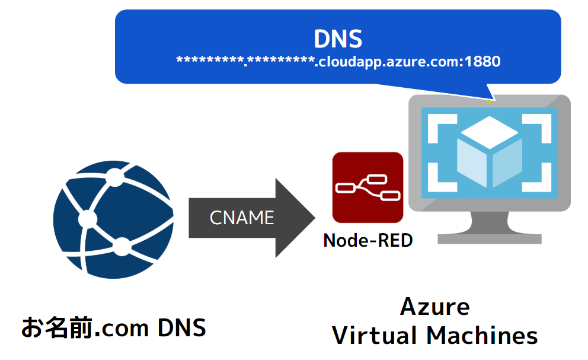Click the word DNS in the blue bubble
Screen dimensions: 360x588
point(337,39)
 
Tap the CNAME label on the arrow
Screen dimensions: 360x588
point(242,218)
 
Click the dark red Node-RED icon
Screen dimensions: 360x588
point(367,187)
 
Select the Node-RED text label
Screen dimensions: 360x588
point(367,241)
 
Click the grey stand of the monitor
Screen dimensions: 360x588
point(489,228)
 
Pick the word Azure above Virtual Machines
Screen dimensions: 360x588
point(435,307)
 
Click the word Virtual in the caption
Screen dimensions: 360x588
point(373,336)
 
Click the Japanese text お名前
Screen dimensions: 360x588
point(57,327)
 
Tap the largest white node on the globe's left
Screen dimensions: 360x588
point(88,218)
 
